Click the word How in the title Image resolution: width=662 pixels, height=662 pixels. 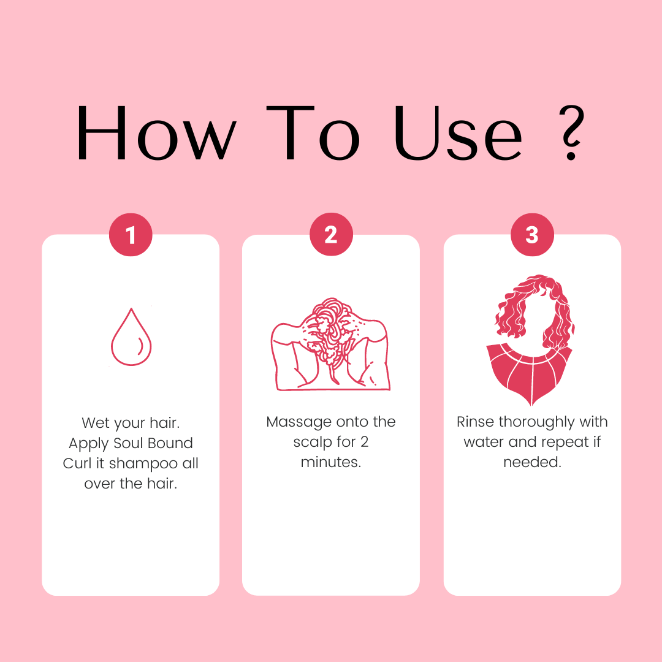(x=157, y=133)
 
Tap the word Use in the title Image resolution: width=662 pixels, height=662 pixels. (x=458, y=133)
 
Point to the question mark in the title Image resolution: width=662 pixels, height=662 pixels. (x=572, y=132)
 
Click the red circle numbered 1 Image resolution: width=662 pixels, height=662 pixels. (x=131, y=234)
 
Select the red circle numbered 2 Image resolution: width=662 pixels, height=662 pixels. (x=331, y=234)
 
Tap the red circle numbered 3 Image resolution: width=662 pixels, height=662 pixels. (x=532, y=234)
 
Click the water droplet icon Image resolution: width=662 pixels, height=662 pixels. (x=131, y=337)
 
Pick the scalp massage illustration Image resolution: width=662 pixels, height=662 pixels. (x=330, y=344)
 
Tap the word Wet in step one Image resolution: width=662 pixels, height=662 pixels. (x=96, y=422)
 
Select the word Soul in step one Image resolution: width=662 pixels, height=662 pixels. (x=128, y=443)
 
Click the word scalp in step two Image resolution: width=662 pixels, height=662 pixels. (x=313, y=443)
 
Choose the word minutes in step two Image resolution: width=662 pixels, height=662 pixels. (x=330, y=462)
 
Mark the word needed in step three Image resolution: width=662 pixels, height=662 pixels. (x=532, y=462)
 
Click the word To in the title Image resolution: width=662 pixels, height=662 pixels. (x=313, y=133)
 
